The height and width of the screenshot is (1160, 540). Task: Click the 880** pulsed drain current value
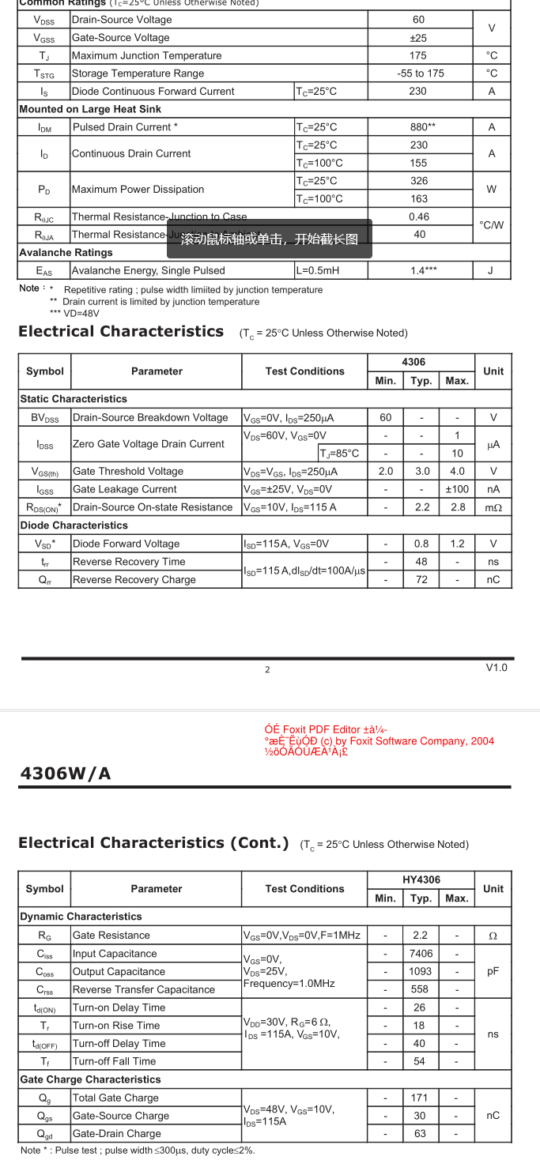(419, 127)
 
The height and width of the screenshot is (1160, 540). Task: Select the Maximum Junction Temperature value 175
(418, 55)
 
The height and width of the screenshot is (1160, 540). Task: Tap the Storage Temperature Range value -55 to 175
(420, 73)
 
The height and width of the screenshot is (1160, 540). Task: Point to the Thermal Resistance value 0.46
(419, 217)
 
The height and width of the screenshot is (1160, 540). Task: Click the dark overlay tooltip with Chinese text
(269, 239)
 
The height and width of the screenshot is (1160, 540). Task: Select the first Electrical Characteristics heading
(121, 332)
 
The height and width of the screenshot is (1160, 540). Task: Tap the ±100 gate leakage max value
(457, 489)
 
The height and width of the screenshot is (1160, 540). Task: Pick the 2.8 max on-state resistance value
(457, 507)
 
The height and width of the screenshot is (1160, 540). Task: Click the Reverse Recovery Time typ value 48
(421, 562)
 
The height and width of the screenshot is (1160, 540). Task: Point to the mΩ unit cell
(493, 507)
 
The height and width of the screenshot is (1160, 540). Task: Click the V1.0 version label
(497, 668)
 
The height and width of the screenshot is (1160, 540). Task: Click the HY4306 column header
(421, 879)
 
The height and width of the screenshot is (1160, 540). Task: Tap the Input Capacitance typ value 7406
(421, 954)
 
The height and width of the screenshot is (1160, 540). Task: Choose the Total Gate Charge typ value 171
(420, 1098)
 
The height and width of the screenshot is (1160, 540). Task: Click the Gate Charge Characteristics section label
(90, 1079)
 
